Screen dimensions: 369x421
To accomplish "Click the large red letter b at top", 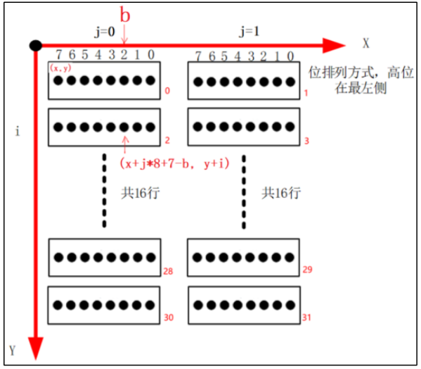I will [124, 15].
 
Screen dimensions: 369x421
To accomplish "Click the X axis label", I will [365, 44].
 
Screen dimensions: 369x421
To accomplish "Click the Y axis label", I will [12, 350].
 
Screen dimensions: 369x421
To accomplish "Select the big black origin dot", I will [34, 45].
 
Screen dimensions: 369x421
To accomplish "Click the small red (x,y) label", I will [58, 68].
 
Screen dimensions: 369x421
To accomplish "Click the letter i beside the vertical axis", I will [17, 132].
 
